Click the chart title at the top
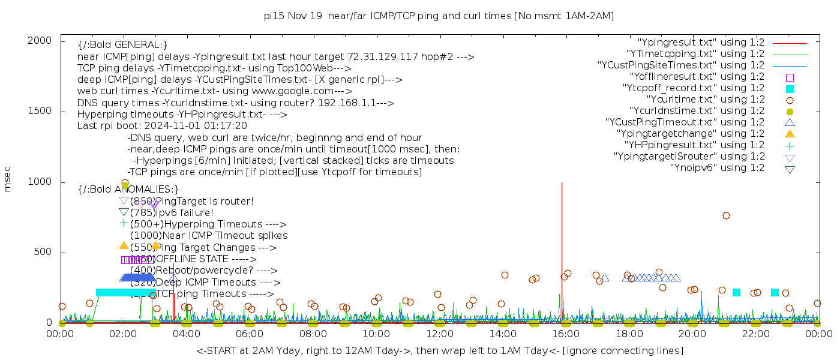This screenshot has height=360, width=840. click(x=439, y=16)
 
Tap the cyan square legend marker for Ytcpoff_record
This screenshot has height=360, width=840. click(x=790, y=89)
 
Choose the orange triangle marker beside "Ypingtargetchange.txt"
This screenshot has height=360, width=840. click(x=790, y=134)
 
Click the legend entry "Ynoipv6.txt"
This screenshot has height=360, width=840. click(x=717, y=168)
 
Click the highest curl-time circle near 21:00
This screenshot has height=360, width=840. click(x=726, y=216)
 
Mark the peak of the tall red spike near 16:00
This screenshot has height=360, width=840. click(x=562, y=183)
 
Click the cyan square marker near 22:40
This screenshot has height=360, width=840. click(x=775, y=292)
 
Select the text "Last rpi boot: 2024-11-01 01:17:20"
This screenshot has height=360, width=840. click(x=162, y=126)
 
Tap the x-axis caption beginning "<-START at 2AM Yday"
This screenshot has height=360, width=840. click(x=439, y=350)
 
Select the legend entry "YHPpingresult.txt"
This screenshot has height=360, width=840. click(x=694, y=145)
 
